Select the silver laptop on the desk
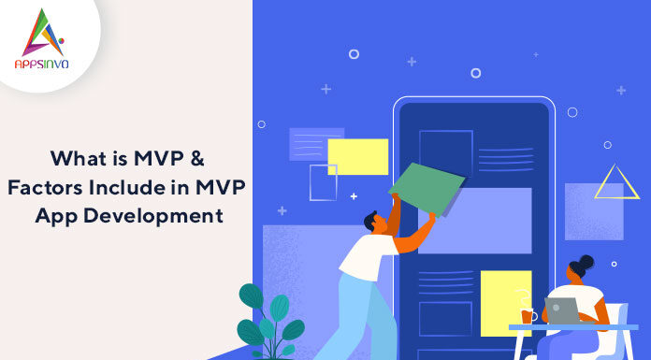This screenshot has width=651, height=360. pos(563,310)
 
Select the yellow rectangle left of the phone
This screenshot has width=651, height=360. pos(357,156)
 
